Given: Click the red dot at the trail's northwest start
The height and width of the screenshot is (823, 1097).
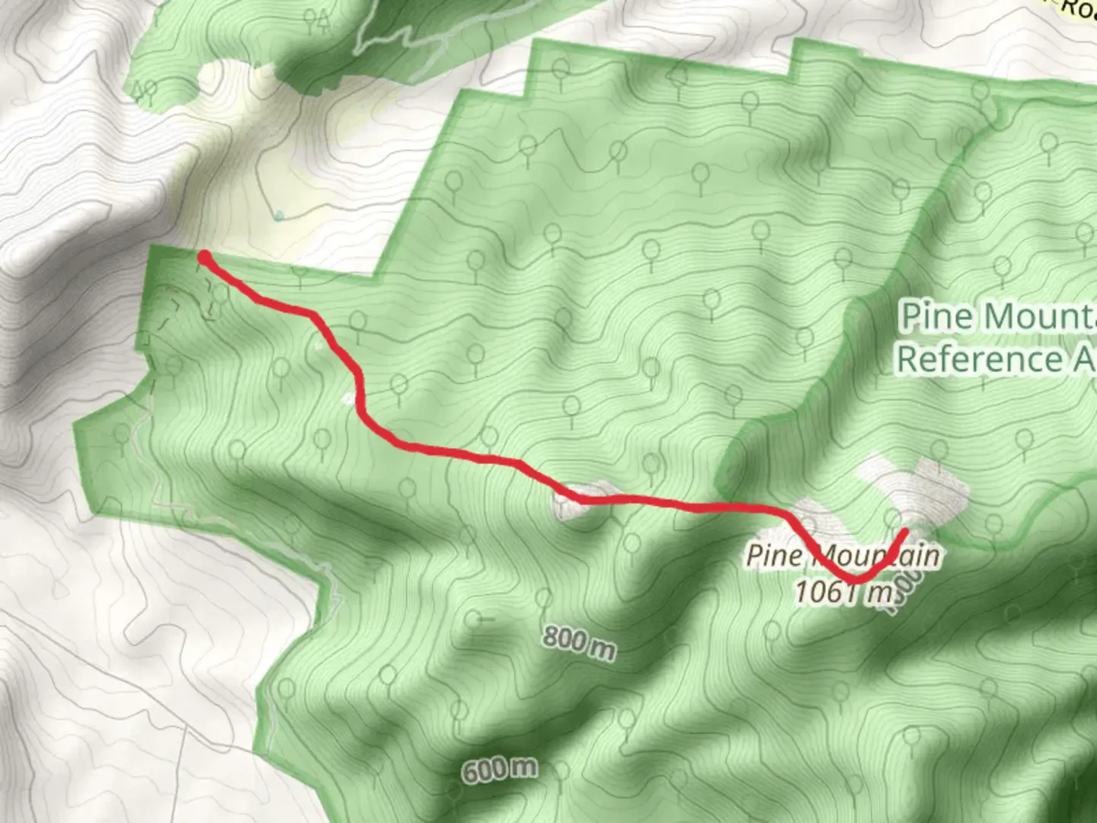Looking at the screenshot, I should [x=204, y=257].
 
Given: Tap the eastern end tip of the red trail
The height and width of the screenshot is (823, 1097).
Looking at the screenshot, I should [x=904, y=531].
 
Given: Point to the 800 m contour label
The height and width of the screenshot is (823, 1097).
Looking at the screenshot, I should [x=579, y=642].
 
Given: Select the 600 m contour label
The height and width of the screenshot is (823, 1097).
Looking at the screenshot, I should [x=499, y=770].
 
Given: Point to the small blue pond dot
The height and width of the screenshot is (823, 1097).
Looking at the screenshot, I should [x=280, y=216].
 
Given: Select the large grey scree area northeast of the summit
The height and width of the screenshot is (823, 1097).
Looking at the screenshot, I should [x=914, y=488].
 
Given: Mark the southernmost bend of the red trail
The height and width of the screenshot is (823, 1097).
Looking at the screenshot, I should [x=855, y=580].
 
